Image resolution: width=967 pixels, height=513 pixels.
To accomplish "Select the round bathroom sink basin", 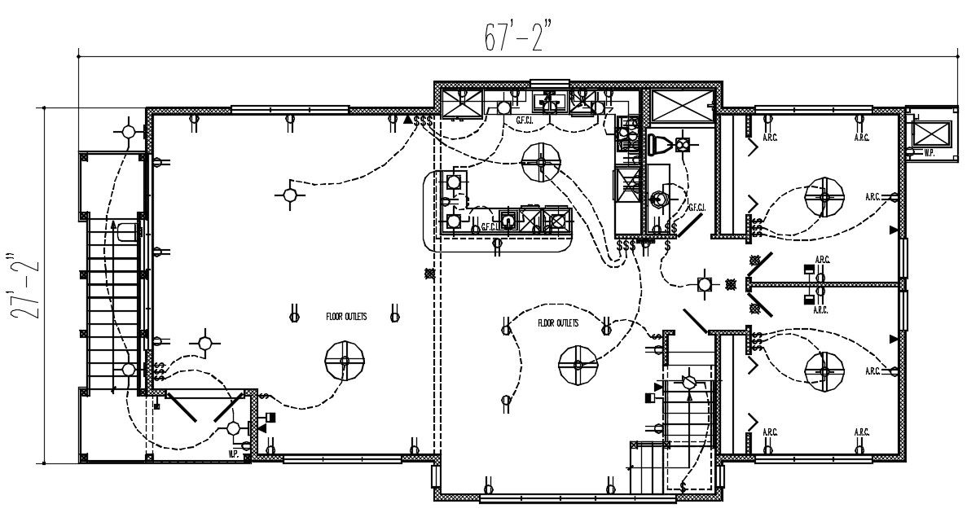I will click(x=658, y=198).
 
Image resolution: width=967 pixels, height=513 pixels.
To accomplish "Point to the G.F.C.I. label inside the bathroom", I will click(x=697, y=208).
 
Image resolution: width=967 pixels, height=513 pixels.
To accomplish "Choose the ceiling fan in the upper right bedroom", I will click(x=824, y=197).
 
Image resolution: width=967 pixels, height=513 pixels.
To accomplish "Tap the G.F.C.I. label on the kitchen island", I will click(x=489, y=227).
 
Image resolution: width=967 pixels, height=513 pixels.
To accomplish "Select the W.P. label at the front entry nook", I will click(x=233, y=453).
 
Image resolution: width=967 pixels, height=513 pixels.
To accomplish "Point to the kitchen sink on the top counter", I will click(x=550, y=102).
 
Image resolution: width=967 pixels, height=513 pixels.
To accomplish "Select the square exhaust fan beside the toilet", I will click(x=683, y=144).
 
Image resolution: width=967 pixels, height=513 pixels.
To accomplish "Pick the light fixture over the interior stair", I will click(x=689, y=381).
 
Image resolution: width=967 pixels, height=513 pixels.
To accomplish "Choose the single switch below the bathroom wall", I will click(x=667, y=243).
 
